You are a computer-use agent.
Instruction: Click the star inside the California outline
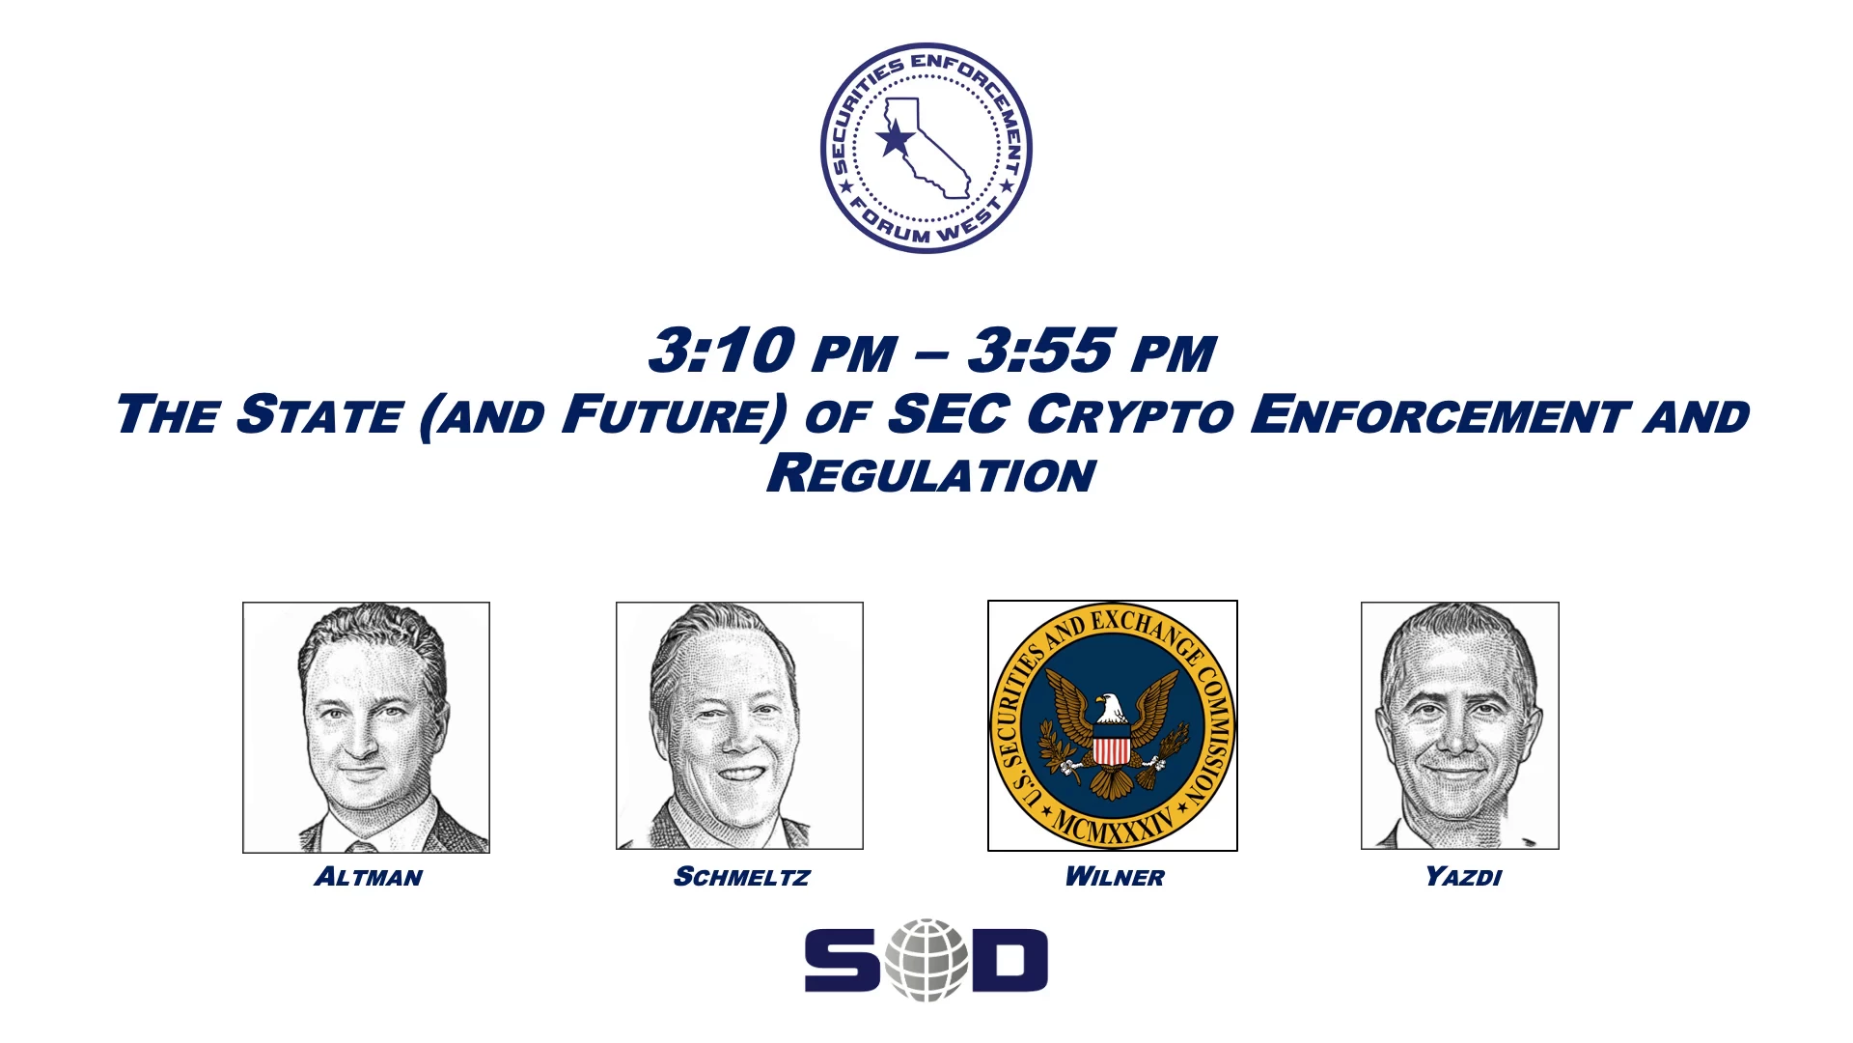[x=896, y=138]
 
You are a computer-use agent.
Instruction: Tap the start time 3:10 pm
[x=772, y=350]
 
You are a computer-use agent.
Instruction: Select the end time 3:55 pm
[x=1092, y=350]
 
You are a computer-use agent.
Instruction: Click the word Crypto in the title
[x=1129, y=415]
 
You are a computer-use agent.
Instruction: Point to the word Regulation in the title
[x=931, y=474]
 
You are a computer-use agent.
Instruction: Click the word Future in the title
[x=675, y=415]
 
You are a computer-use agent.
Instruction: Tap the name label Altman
[x=368, y=877]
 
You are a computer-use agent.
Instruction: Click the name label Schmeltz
[x=741, y=877]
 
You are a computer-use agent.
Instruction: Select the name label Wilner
[x=1115, y=877]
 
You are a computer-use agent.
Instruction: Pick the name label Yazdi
[x=1463, y=877]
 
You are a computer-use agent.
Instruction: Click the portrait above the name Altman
[x=366, y=727]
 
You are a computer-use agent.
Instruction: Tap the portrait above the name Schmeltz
[x=739, y=726]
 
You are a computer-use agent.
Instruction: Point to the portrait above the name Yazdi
[x=1460, y=726]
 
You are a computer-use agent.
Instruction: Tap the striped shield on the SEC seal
[x=1112, y=746]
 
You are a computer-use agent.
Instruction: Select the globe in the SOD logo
[x=926, y=960]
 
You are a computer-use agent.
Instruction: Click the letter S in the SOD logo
[x=843, y=961]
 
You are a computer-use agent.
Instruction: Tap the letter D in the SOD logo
[x=1009, y=961]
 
